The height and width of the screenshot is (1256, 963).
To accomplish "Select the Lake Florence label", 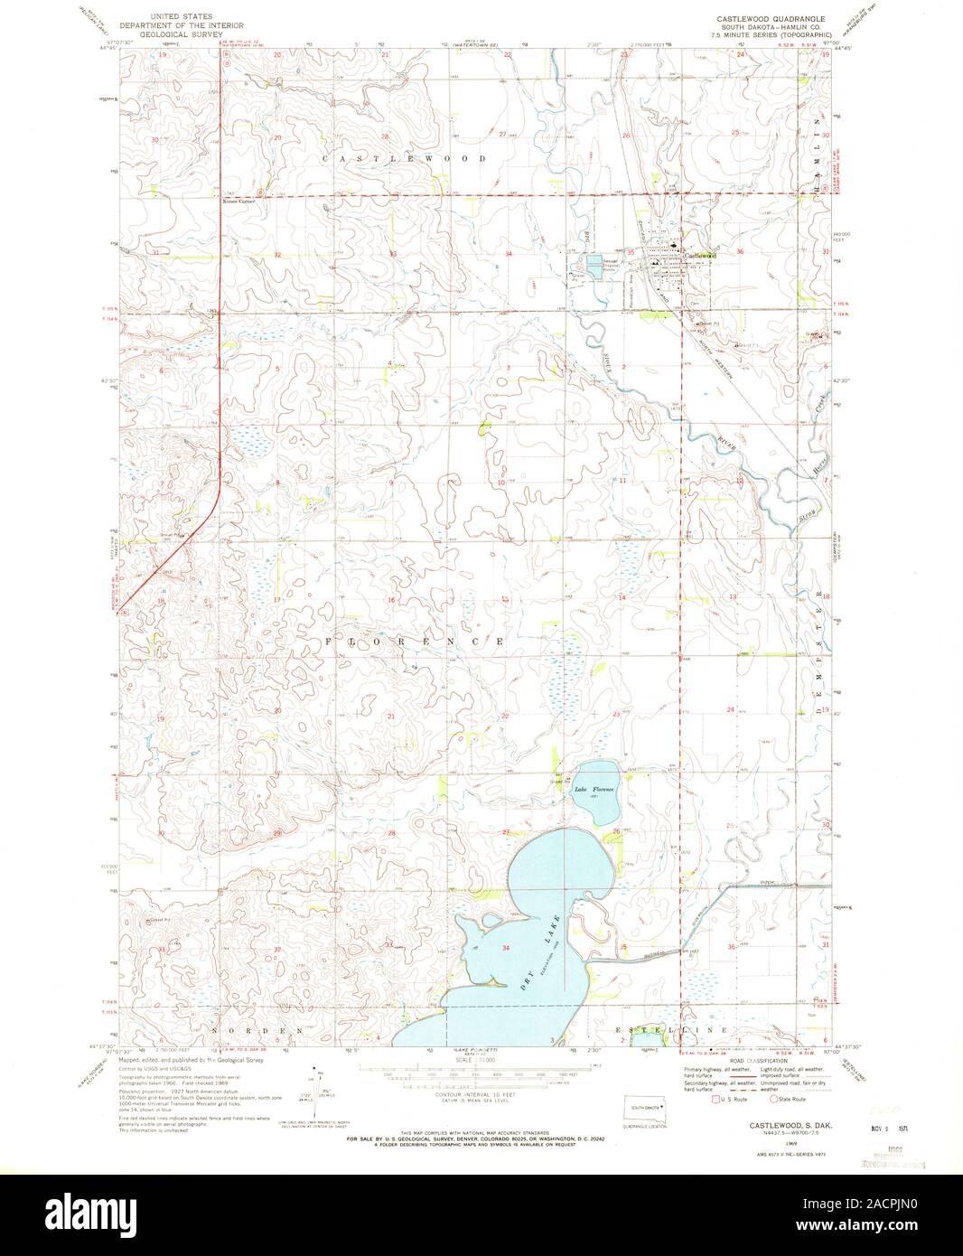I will (594, 789).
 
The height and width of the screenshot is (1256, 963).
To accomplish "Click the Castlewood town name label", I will (700, 256).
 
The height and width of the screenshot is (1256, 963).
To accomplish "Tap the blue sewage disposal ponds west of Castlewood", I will (594, 263).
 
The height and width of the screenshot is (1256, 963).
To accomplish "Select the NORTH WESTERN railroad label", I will (714, 339).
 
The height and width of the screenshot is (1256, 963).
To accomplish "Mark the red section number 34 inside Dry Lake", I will (506, 948).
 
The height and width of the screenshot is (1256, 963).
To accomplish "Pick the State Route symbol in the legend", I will (772, 1100).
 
